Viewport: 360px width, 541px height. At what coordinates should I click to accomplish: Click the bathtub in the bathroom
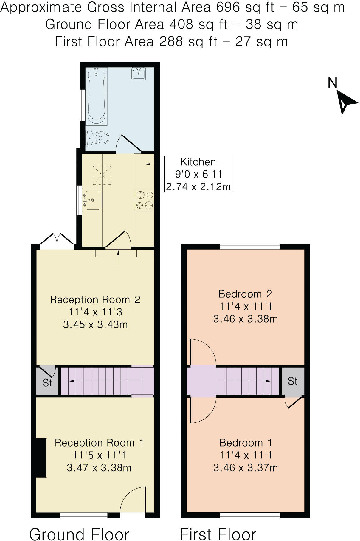point(96,97)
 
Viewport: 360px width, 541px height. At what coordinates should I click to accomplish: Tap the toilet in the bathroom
point(98,138)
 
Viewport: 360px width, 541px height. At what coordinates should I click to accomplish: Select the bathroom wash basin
point(139,74)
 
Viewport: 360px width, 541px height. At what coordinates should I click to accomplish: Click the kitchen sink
point(92,200)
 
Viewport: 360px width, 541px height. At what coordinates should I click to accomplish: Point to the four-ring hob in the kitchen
point(145,200)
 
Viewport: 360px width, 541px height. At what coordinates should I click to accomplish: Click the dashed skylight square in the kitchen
point(102,175)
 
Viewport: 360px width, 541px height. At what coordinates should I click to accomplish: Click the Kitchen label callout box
point(198,174)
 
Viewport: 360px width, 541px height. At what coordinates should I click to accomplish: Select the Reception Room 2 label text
point(95,299)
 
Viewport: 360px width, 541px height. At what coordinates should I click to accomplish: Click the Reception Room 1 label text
point(99,443)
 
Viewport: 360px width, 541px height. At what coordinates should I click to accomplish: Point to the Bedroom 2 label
point(245,294)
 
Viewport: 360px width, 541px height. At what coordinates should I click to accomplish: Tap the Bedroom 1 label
point(246,443)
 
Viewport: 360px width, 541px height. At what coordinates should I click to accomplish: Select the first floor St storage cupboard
point(293,381)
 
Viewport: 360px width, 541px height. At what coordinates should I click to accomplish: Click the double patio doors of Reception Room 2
point(57,240)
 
